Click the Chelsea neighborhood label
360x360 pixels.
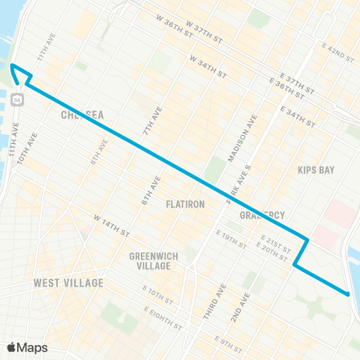82,115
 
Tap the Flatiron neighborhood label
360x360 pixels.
185,203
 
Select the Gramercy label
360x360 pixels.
262,214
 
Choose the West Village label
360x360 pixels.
68,283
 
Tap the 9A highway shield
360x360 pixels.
17,98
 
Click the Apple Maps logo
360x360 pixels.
28,346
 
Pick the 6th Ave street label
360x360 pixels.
147,192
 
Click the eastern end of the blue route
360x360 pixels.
349,294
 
